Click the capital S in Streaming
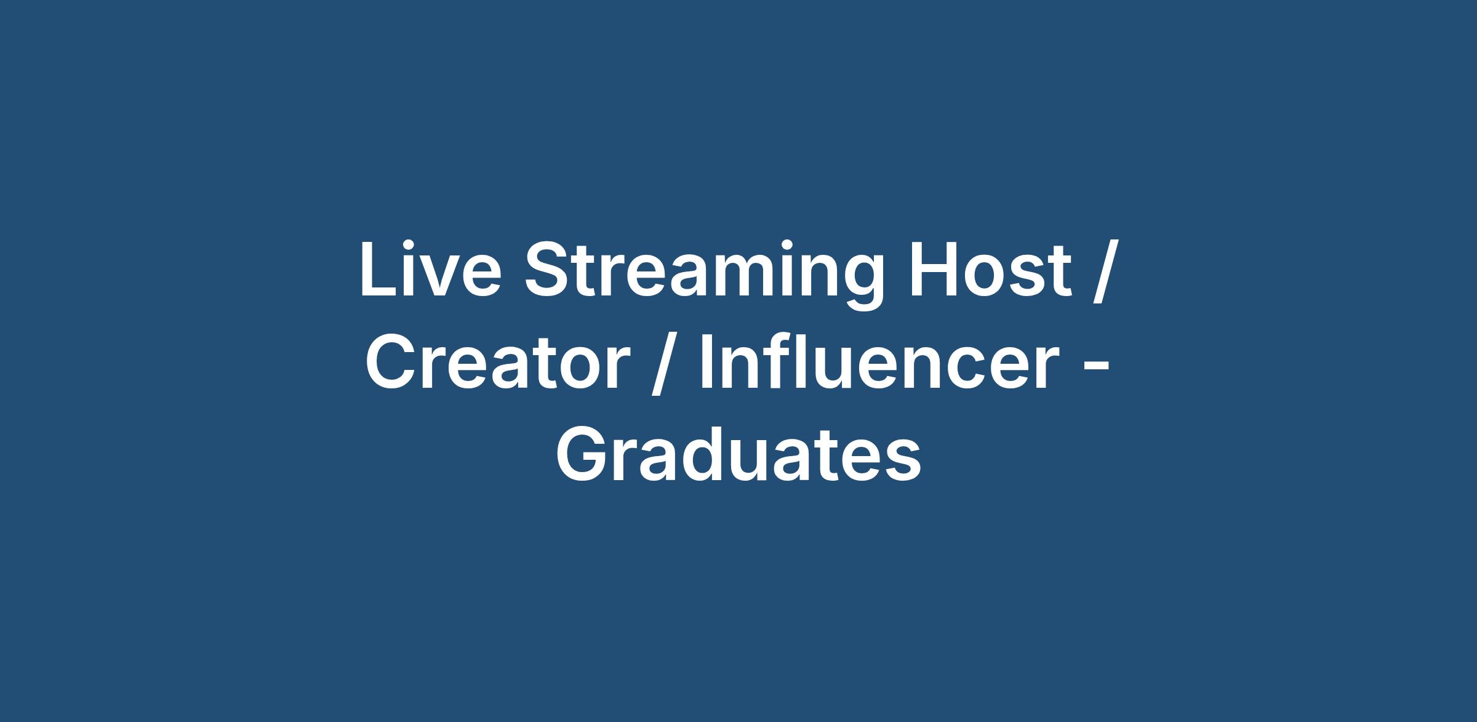point(548,270)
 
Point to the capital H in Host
point(934,270)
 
